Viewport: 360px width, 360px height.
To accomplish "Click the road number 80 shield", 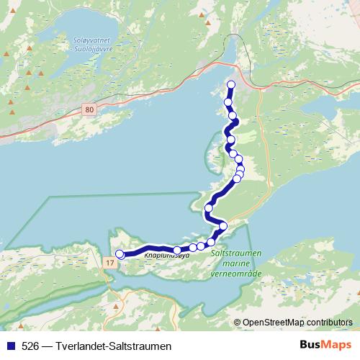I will (89, 109).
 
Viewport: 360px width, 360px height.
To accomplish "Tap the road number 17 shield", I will (109, 264).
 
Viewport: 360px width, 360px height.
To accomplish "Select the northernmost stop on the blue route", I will (231, 85).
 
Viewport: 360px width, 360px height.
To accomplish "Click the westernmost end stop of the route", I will (120, 253).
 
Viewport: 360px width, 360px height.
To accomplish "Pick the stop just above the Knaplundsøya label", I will (177, 250).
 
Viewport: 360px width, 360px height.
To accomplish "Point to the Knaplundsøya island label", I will (166, 255).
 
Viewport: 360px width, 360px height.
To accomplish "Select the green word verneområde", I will (235, 274).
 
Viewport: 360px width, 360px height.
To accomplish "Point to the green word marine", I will (235, 264).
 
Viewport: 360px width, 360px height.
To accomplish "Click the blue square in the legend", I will (9, 345).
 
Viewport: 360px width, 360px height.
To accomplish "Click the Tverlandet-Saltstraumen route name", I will (107, 345).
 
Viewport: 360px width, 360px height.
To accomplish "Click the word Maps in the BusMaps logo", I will (336, 344).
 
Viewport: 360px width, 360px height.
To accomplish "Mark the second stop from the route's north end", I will (228, 103).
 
